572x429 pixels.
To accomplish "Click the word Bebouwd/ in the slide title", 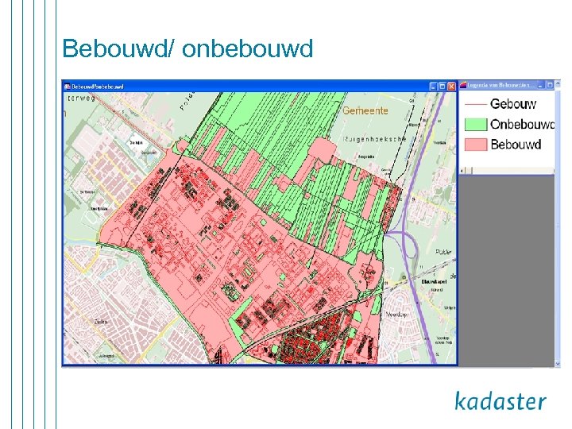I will pyautogui.click(x=118, y=49).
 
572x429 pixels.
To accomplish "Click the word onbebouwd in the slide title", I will pyautogui.click(x=248, y=49).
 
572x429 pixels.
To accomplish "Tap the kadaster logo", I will pyautogui.click(x=500, y=400).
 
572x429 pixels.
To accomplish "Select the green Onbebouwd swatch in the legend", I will pyautogui.click(x=474, y=125).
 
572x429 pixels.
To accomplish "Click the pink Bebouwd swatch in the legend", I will pyautogui.click(x=474, y=145).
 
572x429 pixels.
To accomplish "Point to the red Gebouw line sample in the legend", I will pyautogui.click(x=474, y=104).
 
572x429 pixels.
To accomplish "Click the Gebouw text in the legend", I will pyautogui.click(x=513, y=104).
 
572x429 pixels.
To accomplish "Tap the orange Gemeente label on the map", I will pyautogui.click(x=365, y=112).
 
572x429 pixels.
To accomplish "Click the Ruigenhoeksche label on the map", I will pyautogui.click(x=374, y=138).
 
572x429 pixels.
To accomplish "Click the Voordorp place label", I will pyautogui.click(x=396, y=315).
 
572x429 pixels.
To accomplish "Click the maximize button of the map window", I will pyautogui.click(x=443, y=86).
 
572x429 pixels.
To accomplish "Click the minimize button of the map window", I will pyautogui.click(x=433, y=86).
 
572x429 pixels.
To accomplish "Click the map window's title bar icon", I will pyautogui.click(x=68, y=86).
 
